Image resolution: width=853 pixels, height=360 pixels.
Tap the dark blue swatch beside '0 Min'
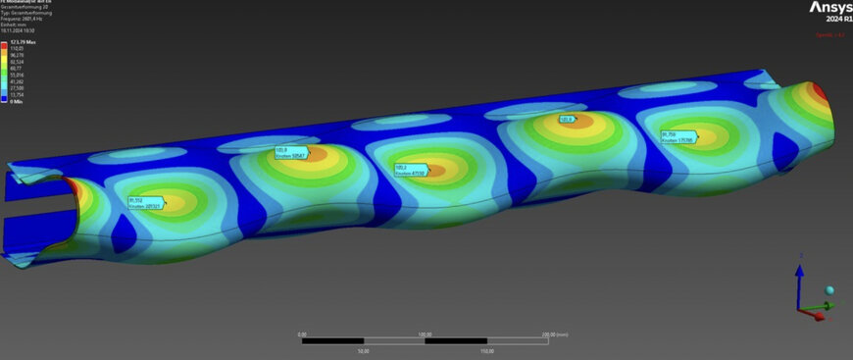pos(4,100)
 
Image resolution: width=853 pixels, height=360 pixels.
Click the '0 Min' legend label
pos(17,100)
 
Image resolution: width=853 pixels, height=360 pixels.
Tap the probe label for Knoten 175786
pos(677,137)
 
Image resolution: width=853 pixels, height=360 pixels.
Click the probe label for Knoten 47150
pos(412,170)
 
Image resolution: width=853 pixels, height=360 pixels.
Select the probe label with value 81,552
pos(145,203)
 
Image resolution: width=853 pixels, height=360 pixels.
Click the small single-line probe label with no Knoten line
pos(568,119)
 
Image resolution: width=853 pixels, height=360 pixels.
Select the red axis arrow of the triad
pos(813,316)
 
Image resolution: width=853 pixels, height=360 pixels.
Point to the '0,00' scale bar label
pos(303,334)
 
